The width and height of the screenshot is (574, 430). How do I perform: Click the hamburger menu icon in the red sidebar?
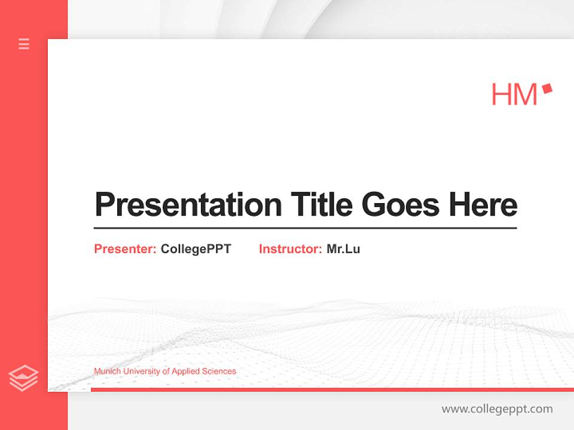click(x=24, y=44)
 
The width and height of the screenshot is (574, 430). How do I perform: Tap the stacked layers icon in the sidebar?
click(x=23, y=378)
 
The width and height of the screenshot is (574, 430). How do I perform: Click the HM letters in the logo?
click(x=514, y=94)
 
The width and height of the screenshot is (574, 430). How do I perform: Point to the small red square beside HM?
click(x=546, y=89)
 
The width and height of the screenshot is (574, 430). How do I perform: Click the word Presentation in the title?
click(x=188, y=205)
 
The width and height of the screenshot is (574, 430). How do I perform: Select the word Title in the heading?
click(x=321, y=205)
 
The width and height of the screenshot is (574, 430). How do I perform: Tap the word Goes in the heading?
click(x=401, y=205)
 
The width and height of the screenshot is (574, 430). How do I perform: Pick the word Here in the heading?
click(x=483, y=205)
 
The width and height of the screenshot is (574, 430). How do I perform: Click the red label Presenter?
click(x=126, y=249)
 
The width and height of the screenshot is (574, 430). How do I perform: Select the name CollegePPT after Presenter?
click(x=196, y=249)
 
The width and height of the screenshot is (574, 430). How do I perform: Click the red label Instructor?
click(x=291, y=249)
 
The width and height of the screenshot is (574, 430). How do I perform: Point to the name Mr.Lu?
click(x=343, y=249)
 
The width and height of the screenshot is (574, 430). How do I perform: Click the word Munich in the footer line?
click(x=106, y=371)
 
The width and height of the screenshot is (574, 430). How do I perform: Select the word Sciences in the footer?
click(x=220, y=371)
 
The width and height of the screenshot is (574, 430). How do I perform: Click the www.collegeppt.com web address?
click(x=497, y=409)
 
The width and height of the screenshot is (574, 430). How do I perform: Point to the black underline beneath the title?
click(x=305, y=228)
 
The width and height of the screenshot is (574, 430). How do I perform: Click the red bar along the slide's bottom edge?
click(x=332, y=389)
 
